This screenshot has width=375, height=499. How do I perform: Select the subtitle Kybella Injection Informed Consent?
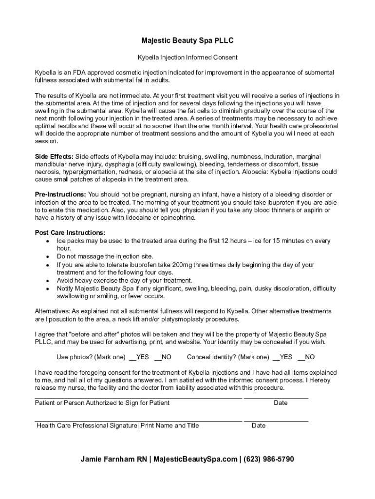[187, 58]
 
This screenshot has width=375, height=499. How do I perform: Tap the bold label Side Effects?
[54, 156]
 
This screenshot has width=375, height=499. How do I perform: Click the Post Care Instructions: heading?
[70, 232]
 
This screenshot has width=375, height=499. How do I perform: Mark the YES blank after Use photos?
[132, 357]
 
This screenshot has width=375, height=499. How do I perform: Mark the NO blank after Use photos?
[157, 357]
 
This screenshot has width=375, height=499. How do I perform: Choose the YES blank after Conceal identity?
[276, 357]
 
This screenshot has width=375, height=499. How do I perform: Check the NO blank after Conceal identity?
[300, 357]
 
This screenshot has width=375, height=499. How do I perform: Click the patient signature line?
[138, 398]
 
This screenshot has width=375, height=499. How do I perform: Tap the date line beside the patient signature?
[276, 398]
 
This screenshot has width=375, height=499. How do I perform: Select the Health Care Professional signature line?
[138, 421]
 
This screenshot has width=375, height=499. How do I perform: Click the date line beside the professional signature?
[276, 421]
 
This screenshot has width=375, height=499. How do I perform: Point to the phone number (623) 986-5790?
[269, 459]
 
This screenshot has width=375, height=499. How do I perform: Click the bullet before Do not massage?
[47, 257]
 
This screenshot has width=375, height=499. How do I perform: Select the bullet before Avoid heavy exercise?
[47, 281]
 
